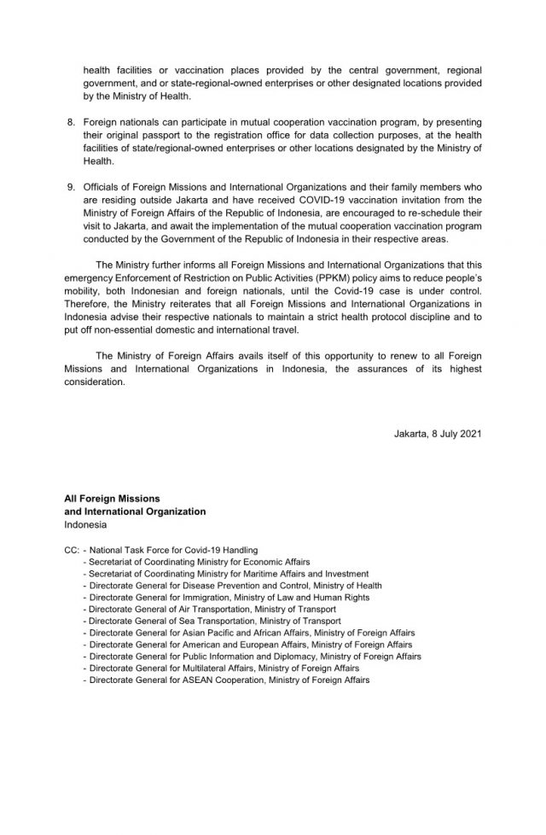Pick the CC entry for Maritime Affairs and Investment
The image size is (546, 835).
226,575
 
